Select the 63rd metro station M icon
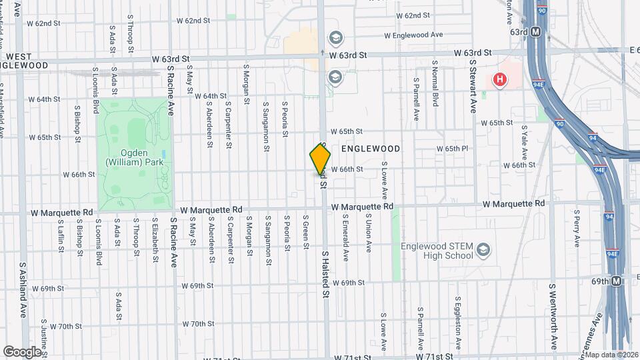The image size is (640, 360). [535, 32]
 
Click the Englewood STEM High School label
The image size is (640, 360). [437, 251]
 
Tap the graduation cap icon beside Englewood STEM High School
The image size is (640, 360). [484, 251]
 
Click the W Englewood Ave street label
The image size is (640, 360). [413, 35]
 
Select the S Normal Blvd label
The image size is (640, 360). [435, 84]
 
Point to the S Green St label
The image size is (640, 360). [306, 232]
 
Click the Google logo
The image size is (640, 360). [22, 351]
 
